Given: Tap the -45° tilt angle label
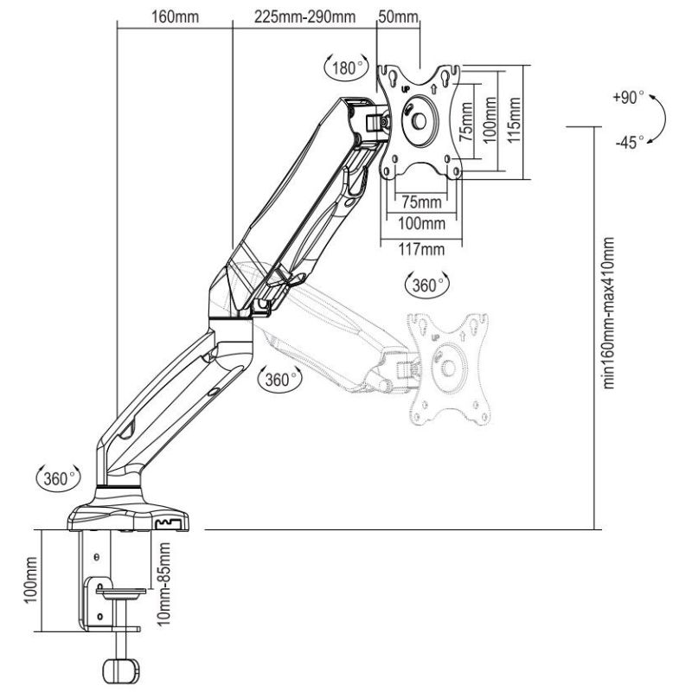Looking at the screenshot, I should click(629, 143).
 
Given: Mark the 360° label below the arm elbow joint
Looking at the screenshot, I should click(279, 378).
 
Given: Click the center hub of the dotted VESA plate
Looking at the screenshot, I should click(449, 366).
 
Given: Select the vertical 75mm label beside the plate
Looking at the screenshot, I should click(466, 122).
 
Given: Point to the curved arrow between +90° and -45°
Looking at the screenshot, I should click(659, 119).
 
